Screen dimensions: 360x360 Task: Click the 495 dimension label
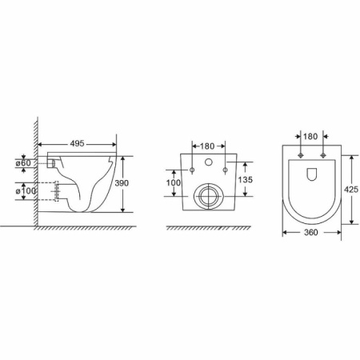coord(77,143)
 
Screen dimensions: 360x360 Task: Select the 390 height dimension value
coord(122,183)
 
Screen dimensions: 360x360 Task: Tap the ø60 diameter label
coord(23,163)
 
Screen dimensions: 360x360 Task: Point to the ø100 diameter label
coord(26,191)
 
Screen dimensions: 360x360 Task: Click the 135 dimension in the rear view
coord(245,180)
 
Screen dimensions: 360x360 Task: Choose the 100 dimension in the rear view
coord(174,183)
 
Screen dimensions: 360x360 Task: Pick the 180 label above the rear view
coord(207,146)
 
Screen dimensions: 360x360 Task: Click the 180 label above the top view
coord(310,136)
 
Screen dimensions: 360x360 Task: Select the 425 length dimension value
coord(351,190)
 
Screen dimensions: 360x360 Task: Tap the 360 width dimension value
coord(311,233)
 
